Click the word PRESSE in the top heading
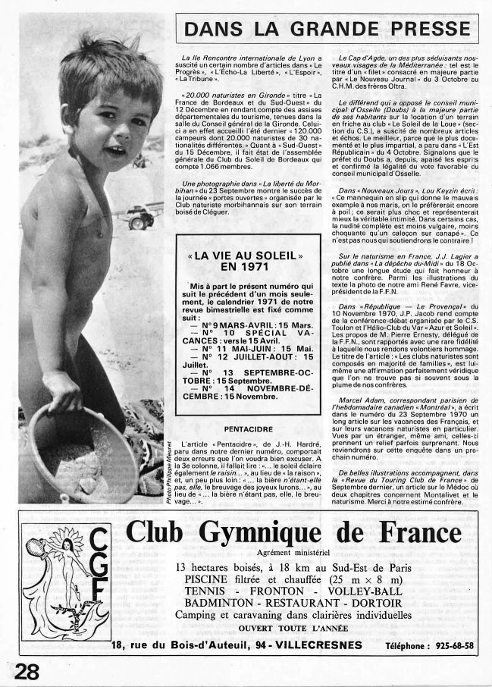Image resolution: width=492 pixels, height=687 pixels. click(428, 30)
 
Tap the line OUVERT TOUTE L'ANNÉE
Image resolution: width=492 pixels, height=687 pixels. click(288, 629)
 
